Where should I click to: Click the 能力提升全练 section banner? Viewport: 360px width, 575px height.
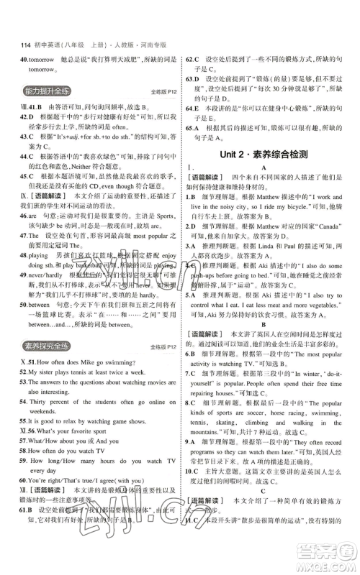pos(45,91)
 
